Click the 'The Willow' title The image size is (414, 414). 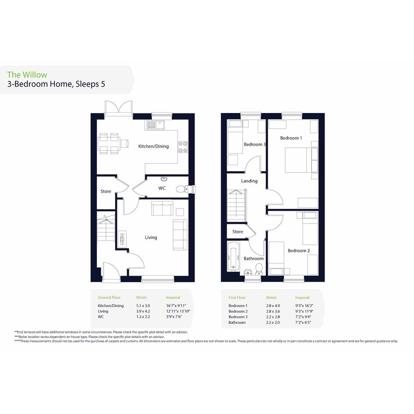27,75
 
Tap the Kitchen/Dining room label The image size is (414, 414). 153,146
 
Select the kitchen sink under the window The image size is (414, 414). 155,125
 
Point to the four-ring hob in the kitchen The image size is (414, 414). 183,147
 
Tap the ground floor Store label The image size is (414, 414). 106,191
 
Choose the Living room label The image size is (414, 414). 151,237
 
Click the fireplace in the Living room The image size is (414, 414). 122,239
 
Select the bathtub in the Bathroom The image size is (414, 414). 234,256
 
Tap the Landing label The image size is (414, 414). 249,181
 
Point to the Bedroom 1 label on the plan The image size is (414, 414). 291,138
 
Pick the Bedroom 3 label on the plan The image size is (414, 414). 255,145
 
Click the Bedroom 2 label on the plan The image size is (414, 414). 299,251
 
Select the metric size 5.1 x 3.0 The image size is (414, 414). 143,306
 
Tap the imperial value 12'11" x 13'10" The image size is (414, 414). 178,311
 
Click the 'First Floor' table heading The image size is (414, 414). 237,297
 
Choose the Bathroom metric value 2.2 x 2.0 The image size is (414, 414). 273,322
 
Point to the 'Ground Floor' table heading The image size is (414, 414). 109,297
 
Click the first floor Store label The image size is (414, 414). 237,232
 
